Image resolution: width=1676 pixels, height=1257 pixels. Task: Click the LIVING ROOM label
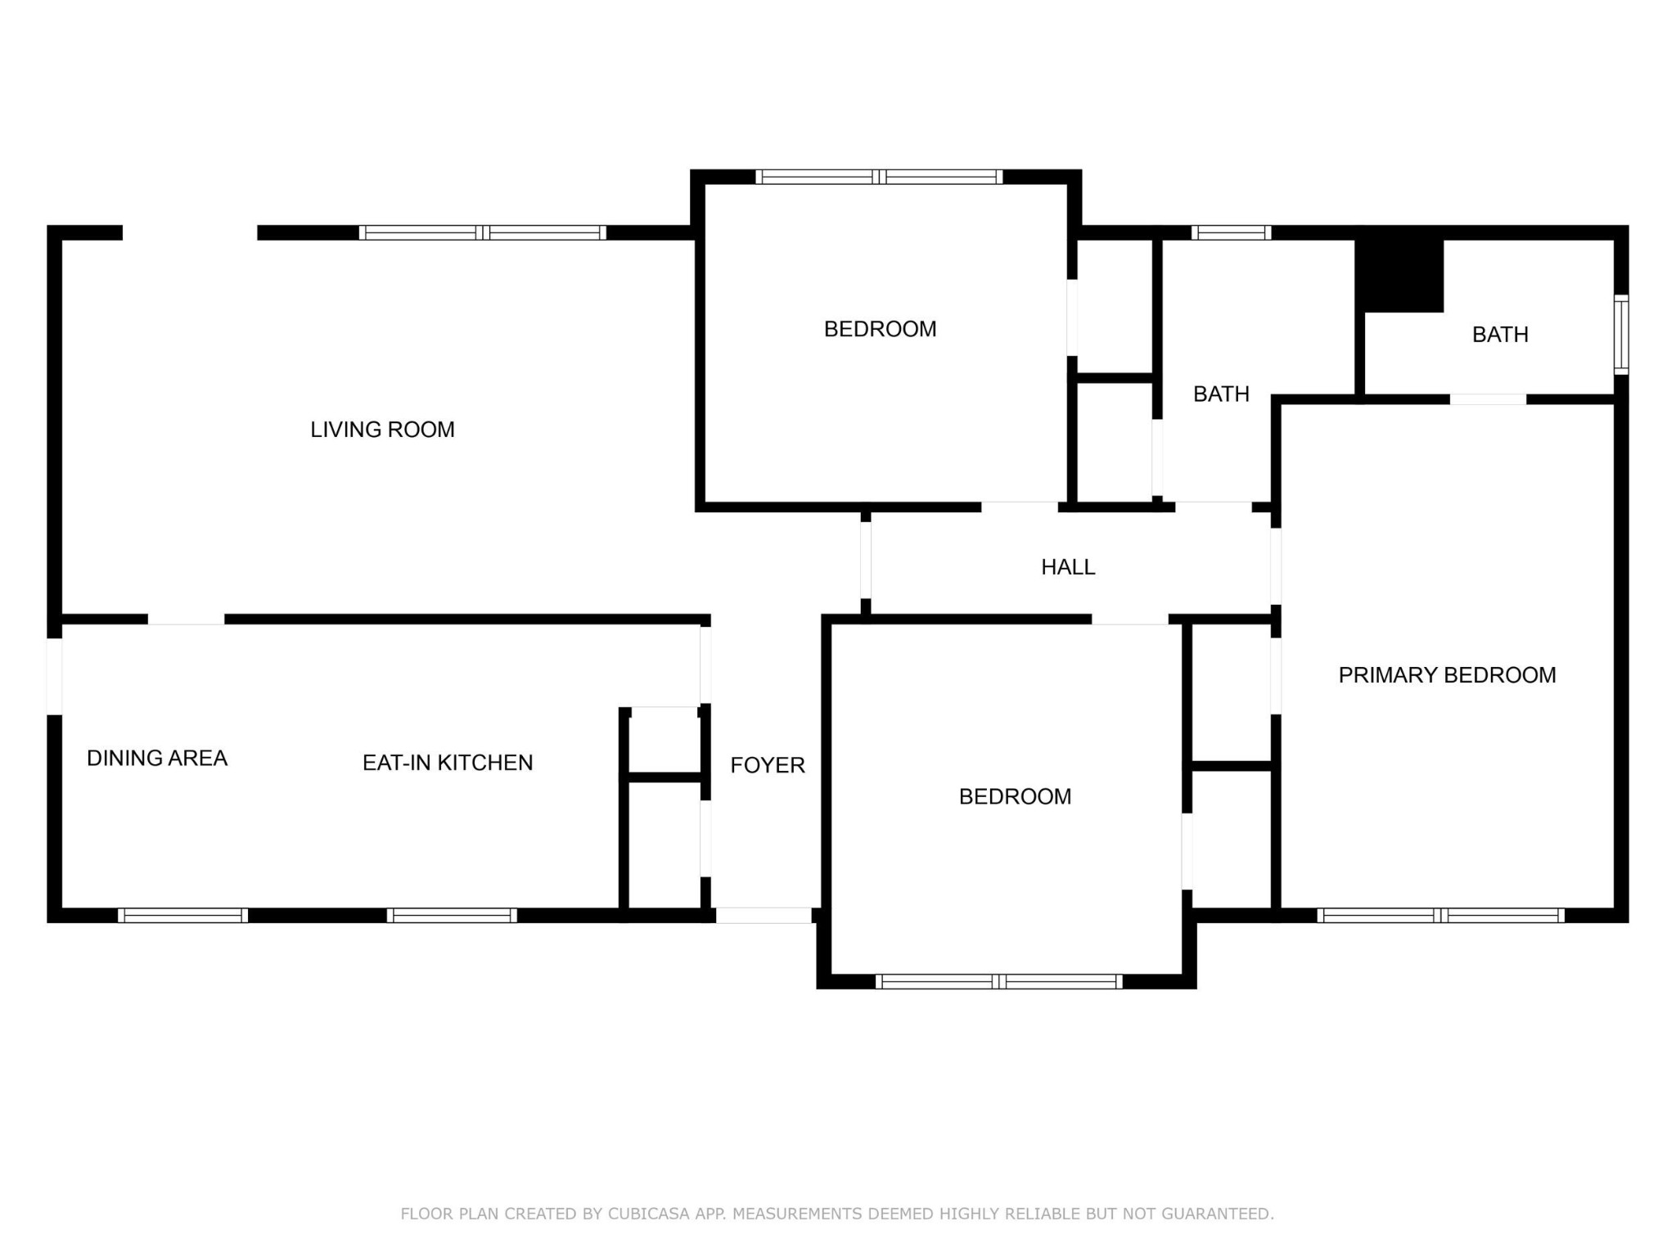[x=382, y=430]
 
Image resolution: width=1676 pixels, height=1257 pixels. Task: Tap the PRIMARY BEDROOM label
[x=1447, y=675]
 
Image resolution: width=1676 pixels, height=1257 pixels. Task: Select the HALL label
[x=1068, y=567]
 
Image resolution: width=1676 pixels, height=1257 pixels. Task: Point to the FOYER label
[x=768, y=765]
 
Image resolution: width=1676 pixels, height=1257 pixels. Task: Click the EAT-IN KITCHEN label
[x=448, y=763]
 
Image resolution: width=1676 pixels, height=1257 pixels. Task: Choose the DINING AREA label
[x=157, y=759]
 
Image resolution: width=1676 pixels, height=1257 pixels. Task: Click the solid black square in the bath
[x=1399, y=274]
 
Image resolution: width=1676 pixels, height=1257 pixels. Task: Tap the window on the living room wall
[x=483, y=232]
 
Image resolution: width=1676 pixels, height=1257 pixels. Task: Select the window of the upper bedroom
[x=879, y=177]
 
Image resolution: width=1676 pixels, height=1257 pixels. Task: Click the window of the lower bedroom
[x=998, y=981]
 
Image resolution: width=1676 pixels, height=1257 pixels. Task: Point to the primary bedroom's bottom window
[x=1440, y=916]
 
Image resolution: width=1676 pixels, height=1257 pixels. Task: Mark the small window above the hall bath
[x=1231, y=232]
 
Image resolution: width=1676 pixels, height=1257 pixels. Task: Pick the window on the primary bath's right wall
[x=1621, y=335]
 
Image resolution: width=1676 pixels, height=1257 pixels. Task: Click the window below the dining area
[x=182, y=916]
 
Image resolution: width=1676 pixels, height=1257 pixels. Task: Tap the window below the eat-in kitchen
[x=452, y=916]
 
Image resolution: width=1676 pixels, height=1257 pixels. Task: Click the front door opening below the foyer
[x=764, y=916]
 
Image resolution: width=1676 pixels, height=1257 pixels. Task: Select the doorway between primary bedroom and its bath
[x=1488, y=399]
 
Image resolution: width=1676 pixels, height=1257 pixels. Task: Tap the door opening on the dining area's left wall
[x=54, y=677]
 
